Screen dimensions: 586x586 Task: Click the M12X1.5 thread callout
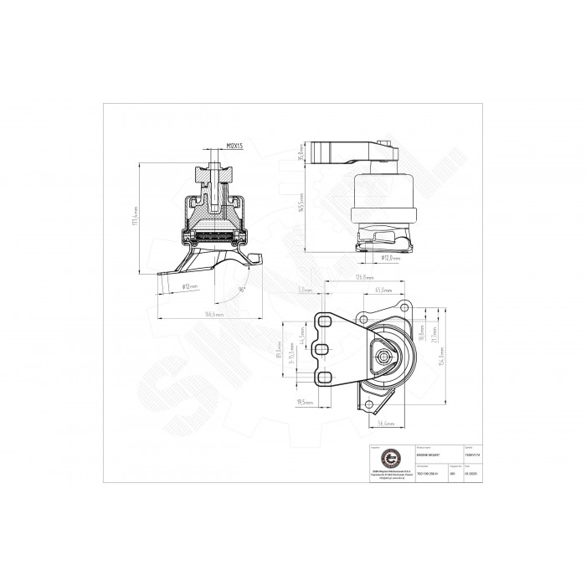(234, 146)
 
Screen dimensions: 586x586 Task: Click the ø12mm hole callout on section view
(190, 285)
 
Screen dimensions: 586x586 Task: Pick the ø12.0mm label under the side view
(391, 258)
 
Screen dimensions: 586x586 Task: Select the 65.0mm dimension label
(384, 290)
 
